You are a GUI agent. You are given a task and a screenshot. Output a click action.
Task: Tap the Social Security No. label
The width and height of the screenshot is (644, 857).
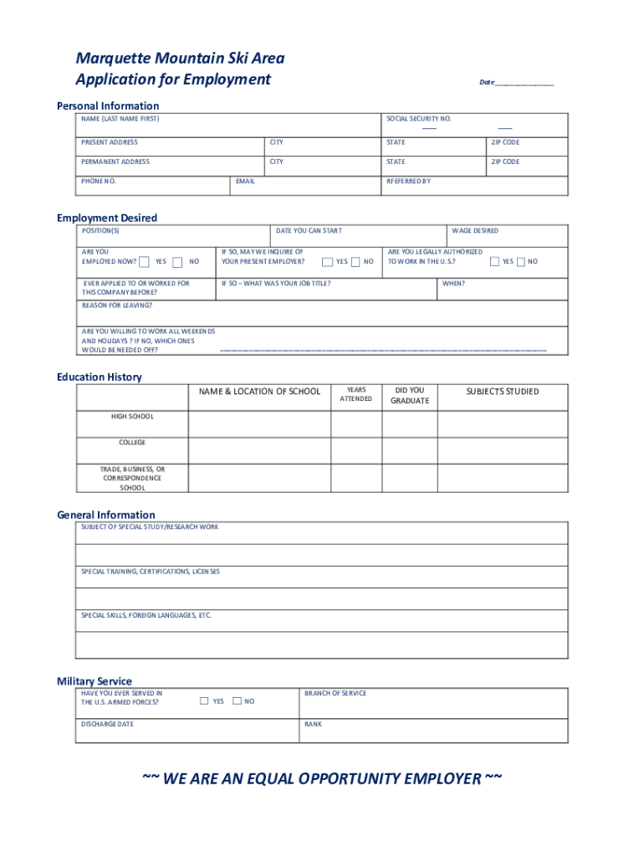pos(418,119)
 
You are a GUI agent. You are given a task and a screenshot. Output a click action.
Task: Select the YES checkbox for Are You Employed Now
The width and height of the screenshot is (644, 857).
pos(145,262)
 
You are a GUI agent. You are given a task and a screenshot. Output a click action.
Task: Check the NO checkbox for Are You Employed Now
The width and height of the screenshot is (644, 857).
pos(177,262)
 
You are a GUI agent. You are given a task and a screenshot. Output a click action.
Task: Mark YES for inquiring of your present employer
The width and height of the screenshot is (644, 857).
pos(327,262)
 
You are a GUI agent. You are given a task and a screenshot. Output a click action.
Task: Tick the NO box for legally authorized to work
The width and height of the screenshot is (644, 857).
pos(521,262)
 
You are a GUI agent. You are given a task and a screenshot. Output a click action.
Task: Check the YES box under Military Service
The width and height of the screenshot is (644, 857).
pos(204,701)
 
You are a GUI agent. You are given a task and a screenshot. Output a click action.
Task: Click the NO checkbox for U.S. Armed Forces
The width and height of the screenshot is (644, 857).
pos(237,701)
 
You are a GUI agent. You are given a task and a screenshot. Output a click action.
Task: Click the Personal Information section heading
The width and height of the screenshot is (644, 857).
pos(107,105)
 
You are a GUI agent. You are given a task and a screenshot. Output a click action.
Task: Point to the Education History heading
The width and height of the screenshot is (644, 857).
pos(99,377)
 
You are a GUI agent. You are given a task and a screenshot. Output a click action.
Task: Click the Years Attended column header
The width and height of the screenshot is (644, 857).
pos(356,394)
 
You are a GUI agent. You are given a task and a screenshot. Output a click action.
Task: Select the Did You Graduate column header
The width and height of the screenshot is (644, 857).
pos(410,395)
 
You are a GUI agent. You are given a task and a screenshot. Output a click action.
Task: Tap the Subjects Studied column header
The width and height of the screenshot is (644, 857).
pos(502,392)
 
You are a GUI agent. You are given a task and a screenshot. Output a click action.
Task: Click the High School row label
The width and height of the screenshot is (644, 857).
pos(132,416)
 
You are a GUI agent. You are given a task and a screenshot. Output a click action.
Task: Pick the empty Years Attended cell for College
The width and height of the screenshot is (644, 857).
pos(356,450)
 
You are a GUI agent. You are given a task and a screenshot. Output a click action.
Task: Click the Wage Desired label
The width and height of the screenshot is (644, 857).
pos(474,231)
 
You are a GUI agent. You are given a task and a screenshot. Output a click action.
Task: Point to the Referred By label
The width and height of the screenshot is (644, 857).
pos(408,181)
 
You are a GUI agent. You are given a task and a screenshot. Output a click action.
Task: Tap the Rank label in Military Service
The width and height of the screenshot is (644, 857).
pos(313,724)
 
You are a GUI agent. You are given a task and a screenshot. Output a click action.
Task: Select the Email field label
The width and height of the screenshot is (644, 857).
pos(245,181)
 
